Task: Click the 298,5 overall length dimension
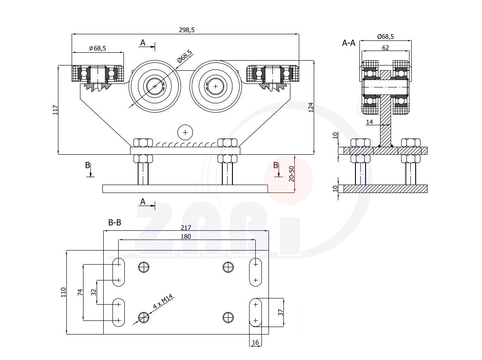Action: (x=186, y=30)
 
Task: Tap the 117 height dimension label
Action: (x=55, y=110)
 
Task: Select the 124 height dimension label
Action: (x=311, y=107)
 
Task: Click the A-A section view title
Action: (x=348, y=43)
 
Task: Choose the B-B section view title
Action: (x=115, y=223)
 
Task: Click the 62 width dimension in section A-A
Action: (x=385, y=47)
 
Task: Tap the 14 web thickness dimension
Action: (x=369, y=122)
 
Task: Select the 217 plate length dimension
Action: (x=186, y=228)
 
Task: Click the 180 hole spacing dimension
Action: (x=186, y=236)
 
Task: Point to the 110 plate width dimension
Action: (x=63, y=292)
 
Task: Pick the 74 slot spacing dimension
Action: (x=80, y=292)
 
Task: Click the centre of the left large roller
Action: (x=155, y=87)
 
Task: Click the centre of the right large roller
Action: (x=216, y=87)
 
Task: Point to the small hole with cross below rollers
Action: (x=185, y=131)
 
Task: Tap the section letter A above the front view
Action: (x=142, y=43)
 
